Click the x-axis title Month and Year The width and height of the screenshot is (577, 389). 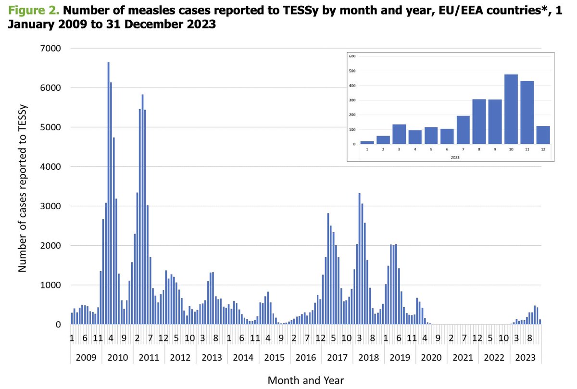tap(305, 380)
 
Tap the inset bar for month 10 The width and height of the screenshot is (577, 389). tap(511, 109)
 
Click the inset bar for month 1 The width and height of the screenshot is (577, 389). tap(367, 142)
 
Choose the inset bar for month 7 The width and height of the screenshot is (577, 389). tap(463, 130)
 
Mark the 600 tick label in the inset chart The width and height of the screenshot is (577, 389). tap(352, 56)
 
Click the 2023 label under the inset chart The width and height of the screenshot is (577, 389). tap(454, 157)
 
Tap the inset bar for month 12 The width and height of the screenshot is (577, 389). tap(543, 135)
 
